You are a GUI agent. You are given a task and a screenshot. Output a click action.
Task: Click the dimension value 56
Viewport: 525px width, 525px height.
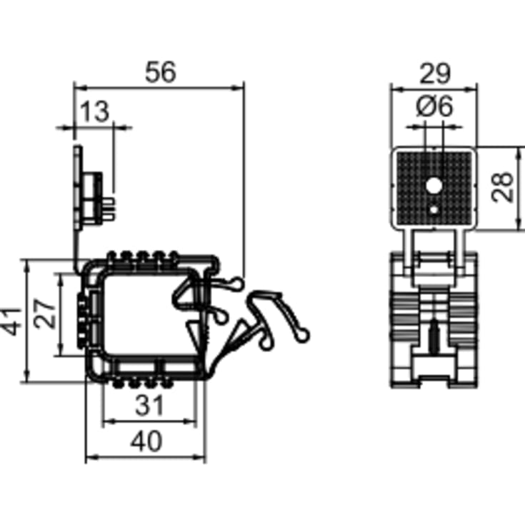[160, 72]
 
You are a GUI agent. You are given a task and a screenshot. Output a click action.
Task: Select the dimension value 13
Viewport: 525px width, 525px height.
[94, 111]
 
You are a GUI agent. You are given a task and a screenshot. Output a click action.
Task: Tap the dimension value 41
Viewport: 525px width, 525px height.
[10, 321]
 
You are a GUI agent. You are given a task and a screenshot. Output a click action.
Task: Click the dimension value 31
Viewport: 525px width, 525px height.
[150, 406]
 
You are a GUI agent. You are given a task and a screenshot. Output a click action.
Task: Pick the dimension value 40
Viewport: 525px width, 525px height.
[146, 441]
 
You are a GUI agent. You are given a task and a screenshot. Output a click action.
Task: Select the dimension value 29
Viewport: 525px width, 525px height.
[434, 72]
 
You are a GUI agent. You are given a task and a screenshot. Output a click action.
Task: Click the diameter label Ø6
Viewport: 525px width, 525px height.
[434, 106]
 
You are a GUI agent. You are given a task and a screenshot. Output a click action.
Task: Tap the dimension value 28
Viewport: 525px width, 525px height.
[504, 188]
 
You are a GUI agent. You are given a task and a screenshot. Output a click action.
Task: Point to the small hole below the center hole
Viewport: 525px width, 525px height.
[434, 210]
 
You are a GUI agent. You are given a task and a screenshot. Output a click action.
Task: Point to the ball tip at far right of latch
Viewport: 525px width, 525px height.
[306, 333]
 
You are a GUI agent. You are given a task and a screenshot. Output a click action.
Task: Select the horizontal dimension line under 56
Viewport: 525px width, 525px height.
[160, 87]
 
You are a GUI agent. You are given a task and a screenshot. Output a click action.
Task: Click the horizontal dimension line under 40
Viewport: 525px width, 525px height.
[146, 458]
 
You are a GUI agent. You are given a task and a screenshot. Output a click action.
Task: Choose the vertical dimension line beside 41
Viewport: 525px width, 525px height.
[26, 321]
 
